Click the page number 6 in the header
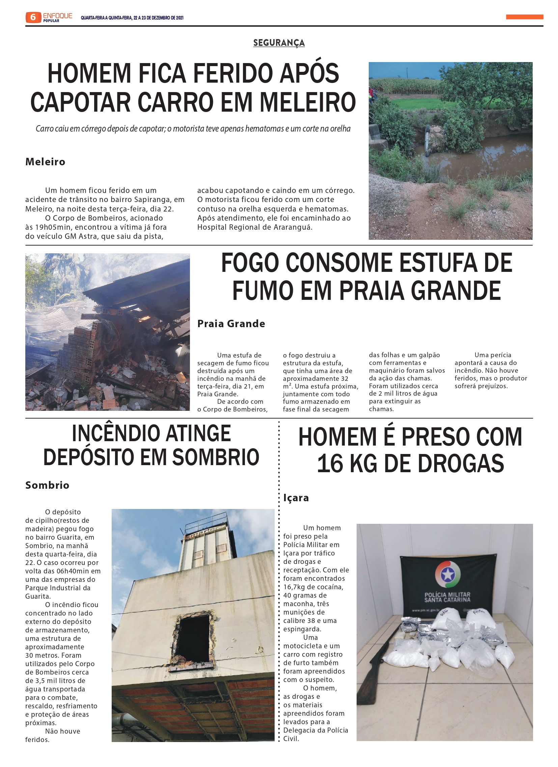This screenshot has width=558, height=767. click(x=33, y=17)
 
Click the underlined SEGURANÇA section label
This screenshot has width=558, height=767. click(x=279, y=43)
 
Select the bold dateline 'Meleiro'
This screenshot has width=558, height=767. click(x=45, y=162)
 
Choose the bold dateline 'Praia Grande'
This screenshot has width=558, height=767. click(x=231, y=324)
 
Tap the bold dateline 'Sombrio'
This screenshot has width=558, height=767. click(x=47, y=485)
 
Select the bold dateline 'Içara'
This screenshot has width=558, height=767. click(x=296, y=498)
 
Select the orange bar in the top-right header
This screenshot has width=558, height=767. click(x=525, y=17)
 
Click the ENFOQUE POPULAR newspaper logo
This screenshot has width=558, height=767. click(x=57, y=17)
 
